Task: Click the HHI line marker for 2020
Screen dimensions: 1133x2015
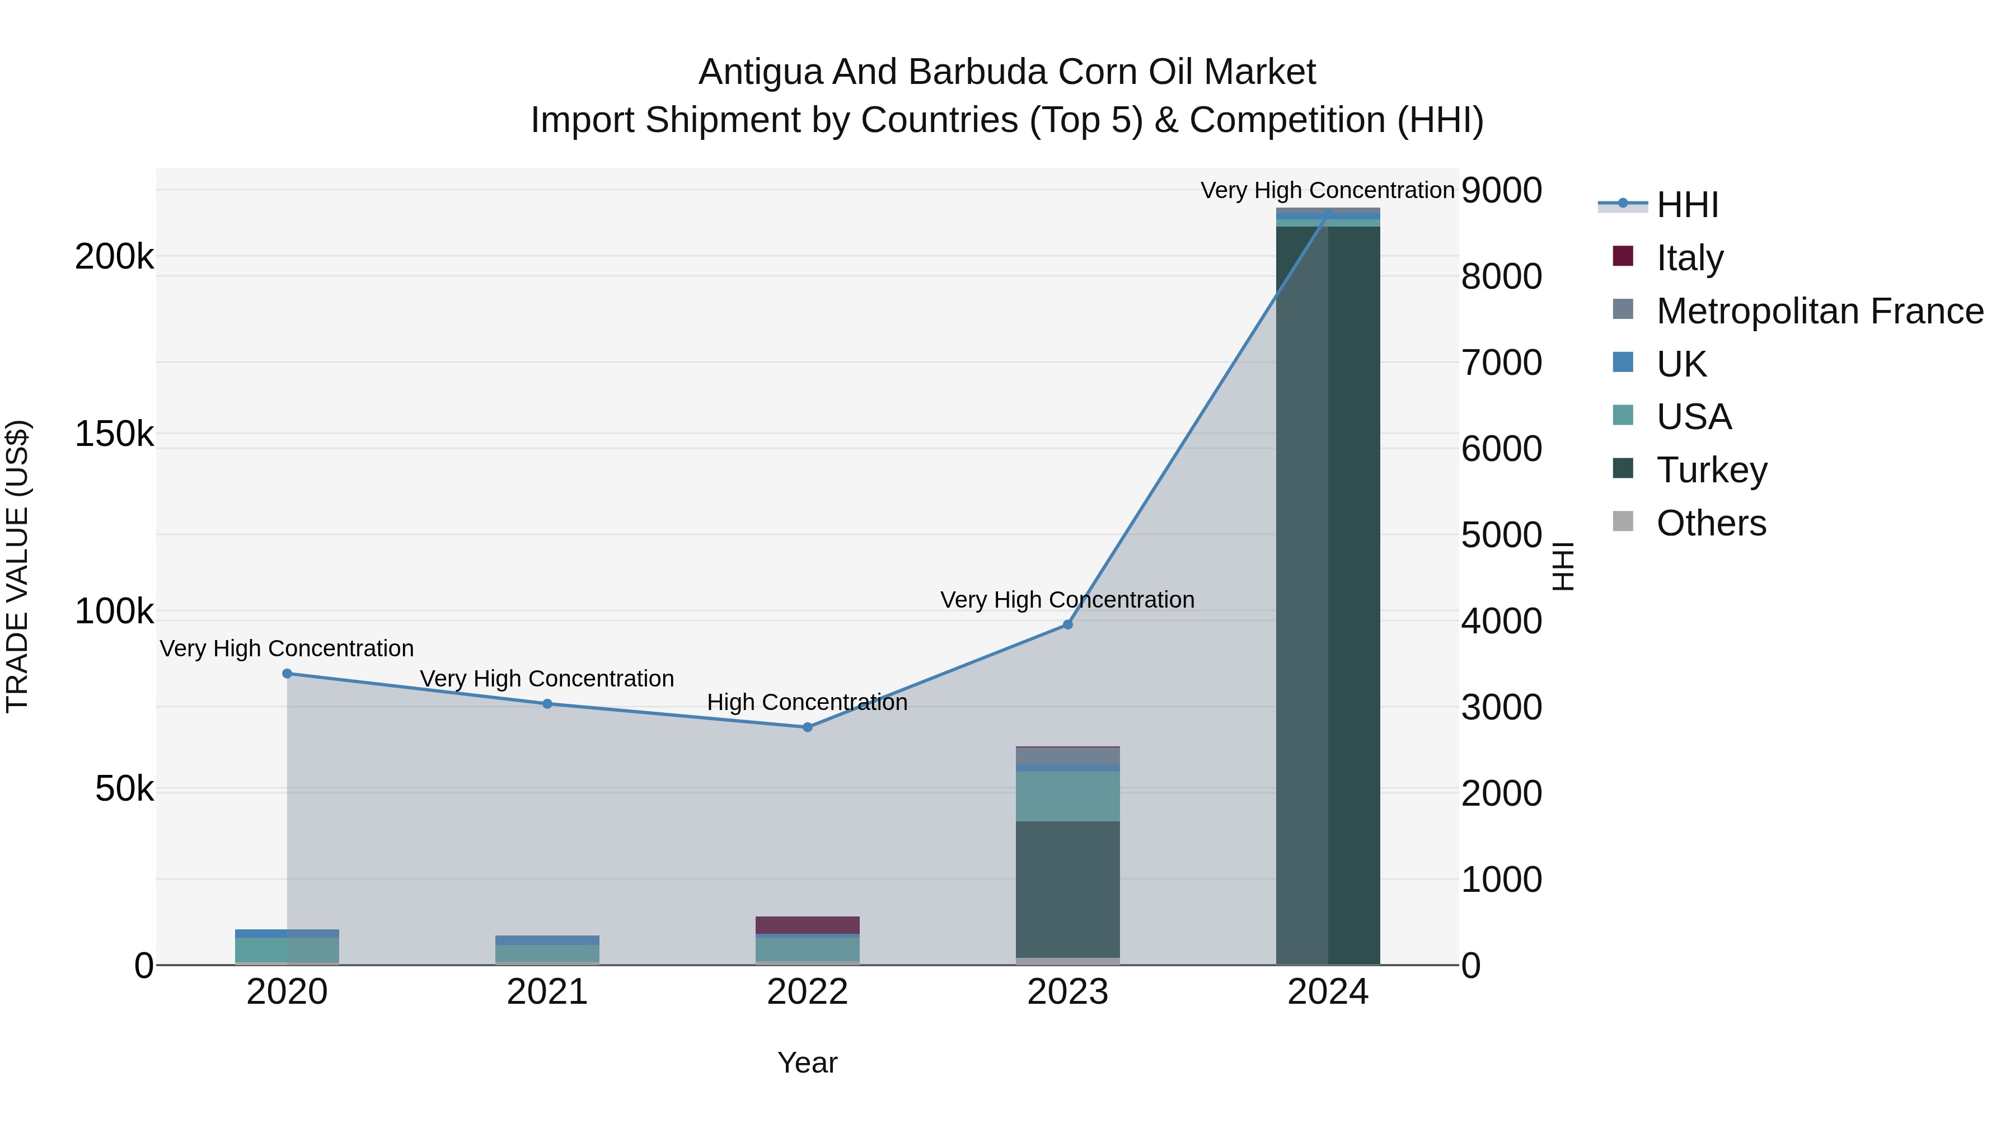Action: click(x=287, y=673)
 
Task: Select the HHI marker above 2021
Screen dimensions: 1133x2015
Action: click(x=547, y=704)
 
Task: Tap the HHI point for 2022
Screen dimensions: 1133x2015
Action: click(x=807, y=727)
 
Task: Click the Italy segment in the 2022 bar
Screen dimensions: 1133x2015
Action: click(x=807, y=925)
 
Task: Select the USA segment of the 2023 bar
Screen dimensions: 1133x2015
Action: click(x=1068, y=796)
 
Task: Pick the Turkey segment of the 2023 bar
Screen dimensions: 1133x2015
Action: click(x=1068, y=889)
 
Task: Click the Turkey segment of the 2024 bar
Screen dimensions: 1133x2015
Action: click(x=1328, y=594)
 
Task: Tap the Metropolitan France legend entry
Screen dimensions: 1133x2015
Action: click(x=1820, y=311)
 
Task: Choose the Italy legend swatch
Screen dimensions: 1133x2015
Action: click(x=1623, y=256)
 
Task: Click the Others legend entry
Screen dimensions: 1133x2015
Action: click(x=1711, y=523)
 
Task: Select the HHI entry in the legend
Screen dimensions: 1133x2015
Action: click(x=1687, y=205)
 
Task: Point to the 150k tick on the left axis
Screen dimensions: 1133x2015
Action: click(x=114, y=434)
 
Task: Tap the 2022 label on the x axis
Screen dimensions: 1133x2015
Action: click(x=807, y=992)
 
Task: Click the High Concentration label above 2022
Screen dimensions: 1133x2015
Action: click(x=807, y=702)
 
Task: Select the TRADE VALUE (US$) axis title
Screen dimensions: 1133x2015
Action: click(x=17, y=566)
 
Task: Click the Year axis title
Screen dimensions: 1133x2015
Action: click(x=807, y=1063)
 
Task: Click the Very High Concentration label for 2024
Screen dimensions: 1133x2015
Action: click(x=1328, y=190)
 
